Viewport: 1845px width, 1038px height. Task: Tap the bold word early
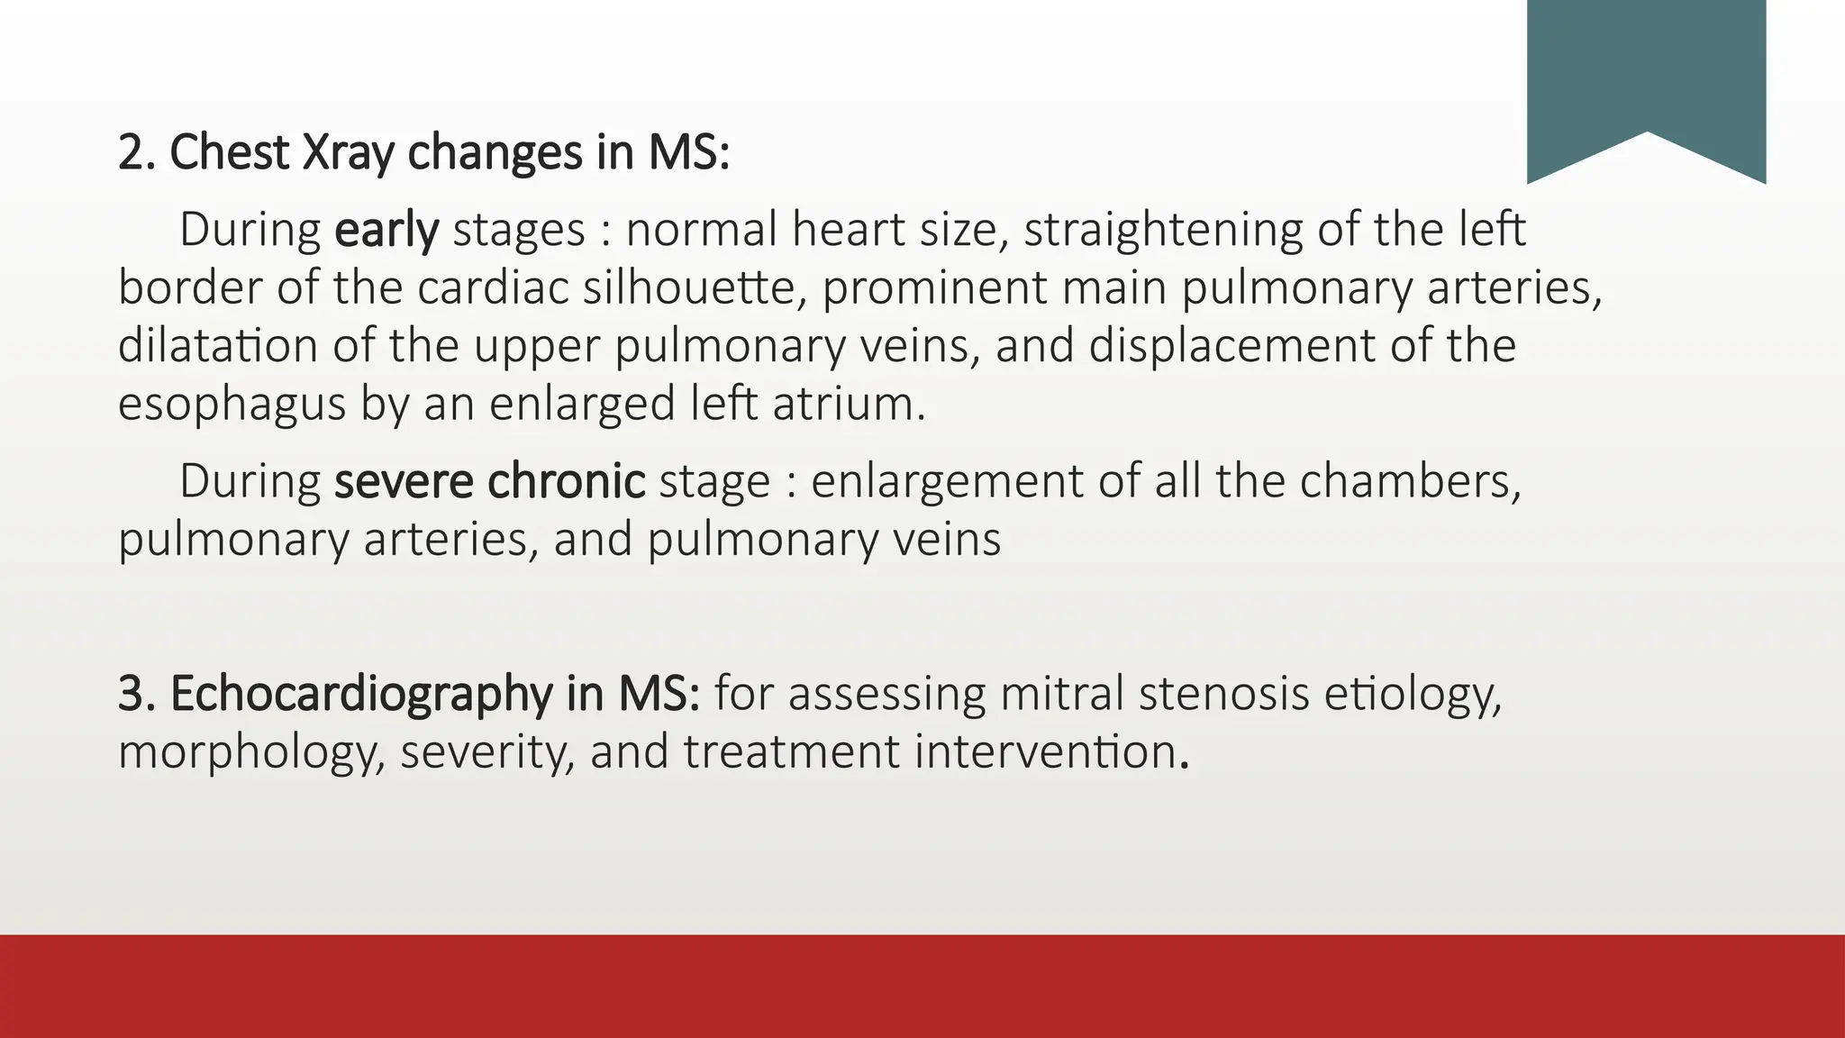click(x=386, y=230)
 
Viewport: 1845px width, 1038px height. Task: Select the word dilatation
click(x=217, y=345)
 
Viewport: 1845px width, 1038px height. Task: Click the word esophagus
click(x=232, y=404)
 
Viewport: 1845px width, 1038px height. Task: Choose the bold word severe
click(x=404, y=481)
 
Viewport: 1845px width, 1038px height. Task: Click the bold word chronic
click(x=566, y=481)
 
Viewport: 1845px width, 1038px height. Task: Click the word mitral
click(x=1062, y=694)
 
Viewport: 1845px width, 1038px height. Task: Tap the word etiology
click(x=1413, y=694)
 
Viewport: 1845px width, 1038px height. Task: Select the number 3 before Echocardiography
click(x=131, y=694)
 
